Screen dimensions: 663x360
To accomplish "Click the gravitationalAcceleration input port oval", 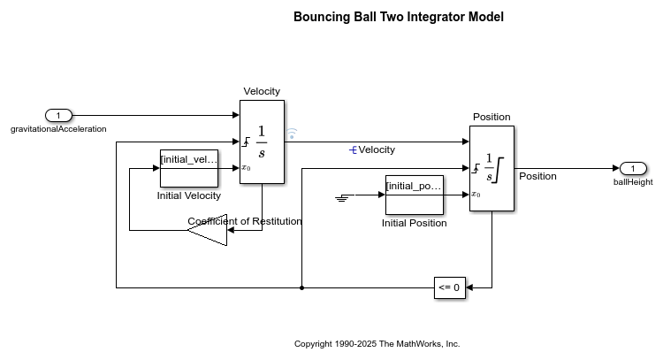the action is [x=58, y=116].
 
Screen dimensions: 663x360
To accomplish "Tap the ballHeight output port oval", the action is [x=633, y=168].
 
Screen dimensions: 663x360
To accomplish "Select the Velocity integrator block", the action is [x=263, y=142].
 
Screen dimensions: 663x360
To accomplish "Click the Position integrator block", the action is [x=492, y=168].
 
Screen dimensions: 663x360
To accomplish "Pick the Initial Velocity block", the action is [x=189, y=168].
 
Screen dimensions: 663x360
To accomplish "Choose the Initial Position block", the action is [x=415, y=195].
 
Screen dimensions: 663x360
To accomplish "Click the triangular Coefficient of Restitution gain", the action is [x=207, y=230].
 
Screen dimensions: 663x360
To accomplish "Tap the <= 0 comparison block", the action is [x=450, y=287].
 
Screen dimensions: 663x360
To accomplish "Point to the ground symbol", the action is [x=342, y=197].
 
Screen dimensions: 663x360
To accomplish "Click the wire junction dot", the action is [x=301, y=288].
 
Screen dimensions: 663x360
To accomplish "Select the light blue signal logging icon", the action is [x=292, y=134].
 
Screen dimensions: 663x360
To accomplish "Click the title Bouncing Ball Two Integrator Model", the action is [x=399, y=17].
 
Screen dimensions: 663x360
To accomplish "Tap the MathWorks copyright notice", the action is [x=377, y=344].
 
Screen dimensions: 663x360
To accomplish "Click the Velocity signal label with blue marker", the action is [x=372, y=149].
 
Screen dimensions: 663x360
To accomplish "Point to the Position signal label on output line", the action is [x=537, y=176].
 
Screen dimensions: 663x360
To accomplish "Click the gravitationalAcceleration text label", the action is [x=58, y=129].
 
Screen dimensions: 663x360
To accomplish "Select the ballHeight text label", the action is [x=633, y=182].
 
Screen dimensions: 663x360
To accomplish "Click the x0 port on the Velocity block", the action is [x=246, y=168].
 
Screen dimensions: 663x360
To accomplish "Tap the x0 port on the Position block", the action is [x=476, y=195].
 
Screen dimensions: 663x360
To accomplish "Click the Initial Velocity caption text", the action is [x=189, y=195].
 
